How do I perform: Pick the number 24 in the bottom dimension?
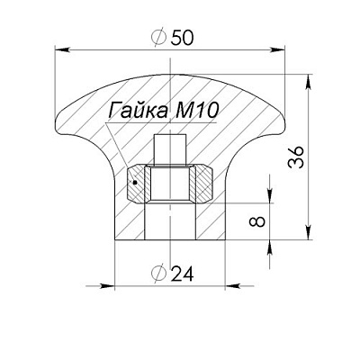[184, 273]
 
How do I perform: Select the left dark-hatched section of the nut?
[139, 184]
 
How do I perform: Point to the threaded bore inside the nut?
[171, 184]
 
